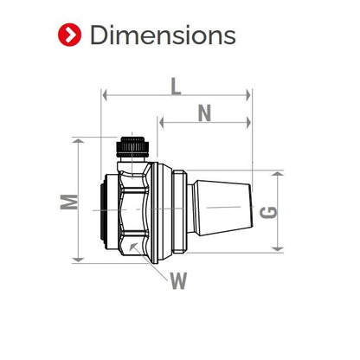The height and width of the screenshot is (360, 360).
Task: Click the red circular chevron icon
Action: pos(69,35)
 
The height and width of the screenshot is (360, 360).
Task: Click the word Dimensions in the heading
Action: pos(163,35)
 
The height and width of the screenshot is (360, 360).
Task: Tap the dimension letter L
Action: pos(176,87)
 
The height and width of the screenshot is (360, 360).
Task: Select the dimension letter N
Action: pos(204,113)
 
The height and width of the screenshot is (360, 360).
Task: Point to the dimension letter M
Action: pos(69,202)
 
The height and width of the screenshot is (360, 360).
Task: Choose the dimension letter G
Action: pos(268,212)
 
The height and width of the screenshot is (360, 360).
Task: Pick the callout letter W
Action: pos(178,280)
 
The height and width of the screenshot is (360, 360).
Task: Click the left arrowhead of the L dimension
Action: pos(105,95)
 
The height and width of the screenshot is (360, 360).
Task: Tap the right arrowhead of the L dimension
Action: pos(248,95)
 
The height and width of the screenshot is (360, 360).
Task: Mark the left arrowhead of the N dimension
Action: pos(162,123)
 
